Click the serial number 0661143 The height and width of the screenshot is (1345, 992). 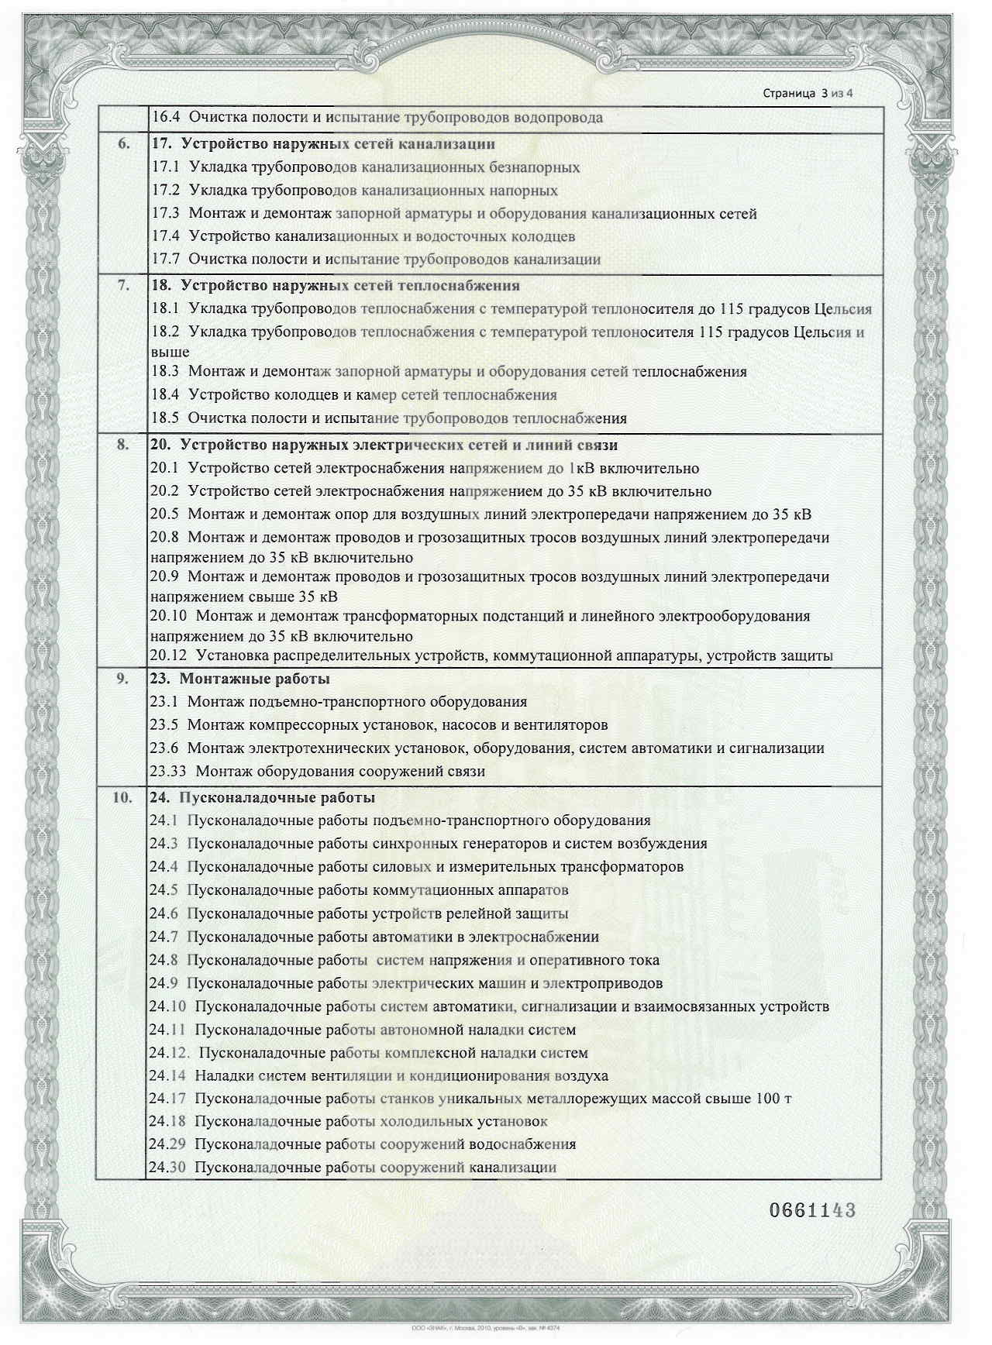[x=811, y=1210]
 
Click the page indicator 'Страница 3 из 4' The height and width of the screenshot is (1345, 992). [x=808, y=94]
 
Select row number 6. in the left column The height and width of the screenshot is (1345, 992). [x=122, y=144]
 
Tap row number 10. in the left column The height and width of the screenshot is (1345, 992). [x=122, y=797]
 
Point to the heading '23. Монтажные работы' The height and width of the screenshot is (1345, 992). [x=239, y=679]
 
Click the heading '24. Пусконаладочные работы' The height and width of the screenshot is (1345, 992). [x=262, y=797]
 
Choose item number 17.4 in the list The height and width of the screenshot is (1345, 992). [x=165, y=236]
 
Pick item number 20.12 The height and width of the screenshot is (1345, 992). [x=168, y=655]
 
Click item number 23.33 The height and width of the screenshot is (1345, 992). [x=168, y=771]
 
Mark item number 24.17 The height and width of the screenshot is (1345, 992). [x=167, y=1099]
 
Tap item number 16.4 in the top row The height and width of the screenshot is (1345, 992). [x=165, y=118]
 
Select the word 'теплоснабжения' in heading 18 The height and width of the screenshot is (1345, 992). [x=460, y=285]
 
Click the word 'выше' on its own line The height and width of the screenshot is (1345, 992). [x=170, y=352]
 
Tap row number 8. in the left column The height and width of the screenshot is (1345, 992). [x=122, y=445]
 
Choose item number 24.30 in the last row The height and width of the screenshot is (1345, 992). [x=167, y=1168]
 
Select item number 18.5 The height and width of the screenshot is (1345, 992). [x=165, y=418]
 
